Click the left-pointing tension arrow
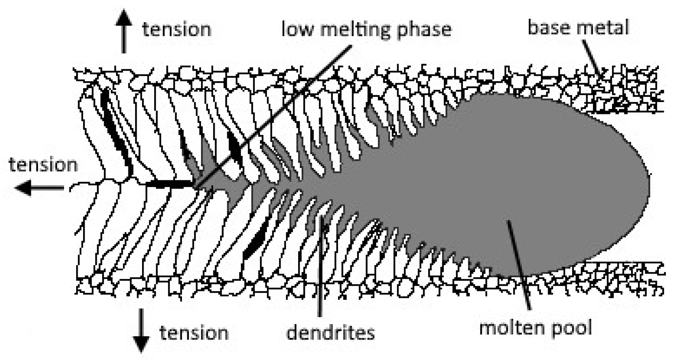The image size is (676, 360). point(39,188)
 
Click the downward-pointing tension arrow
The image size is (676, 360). point(142,330)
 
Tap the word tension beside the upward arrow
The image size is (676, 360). point(176,30)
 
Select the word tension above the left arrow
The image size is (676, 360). point(43,165)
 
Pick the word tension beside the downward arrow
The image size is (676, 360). point(194,333)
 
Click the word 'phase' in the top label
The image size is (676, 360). point(424,30)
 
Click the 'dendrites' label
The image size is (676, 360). point(330,333)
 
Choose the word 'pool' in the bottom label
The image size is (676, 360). point(573,327)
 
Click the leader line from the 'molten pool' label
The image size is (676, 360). point(519,266)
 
